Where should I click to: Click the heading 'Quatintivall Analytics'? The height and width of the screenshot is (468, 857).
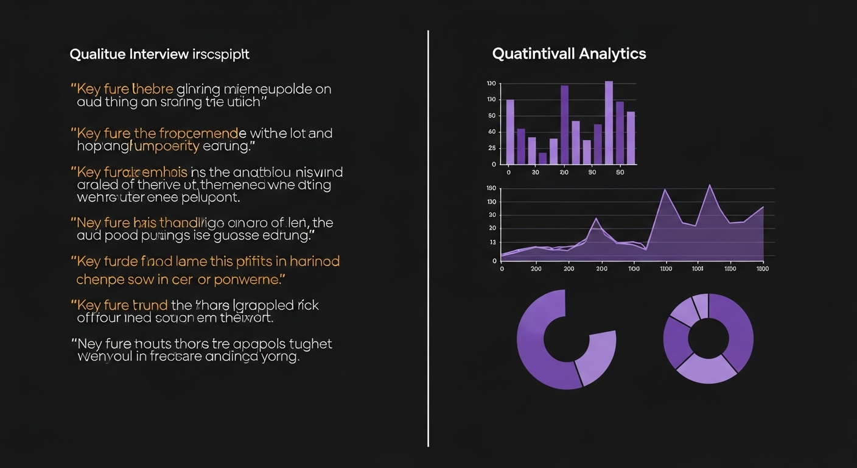pos(568,54)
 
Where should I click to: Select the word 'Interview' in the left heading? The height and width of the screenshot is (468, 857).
pos(159,54)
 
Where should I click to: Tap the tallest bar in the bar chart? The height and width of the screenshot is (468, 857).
pos(609,122)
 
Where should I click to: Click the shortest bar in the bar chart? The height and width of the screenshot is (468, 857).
pos(542,158)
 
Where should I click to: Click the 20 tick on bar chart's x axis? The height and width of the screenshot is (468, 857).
pos(564,172)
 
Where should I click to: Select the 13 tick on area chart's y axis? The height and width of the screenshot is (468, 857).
pos(492,243)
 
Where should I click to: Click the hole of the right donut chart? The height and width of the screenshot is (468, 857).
pos(708,338)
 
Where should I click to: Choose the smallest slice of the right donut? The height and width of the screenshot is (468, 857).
pos(701,305)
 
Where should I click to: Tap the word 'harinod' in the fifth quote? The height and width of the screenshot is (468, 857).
pos(314,261)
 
